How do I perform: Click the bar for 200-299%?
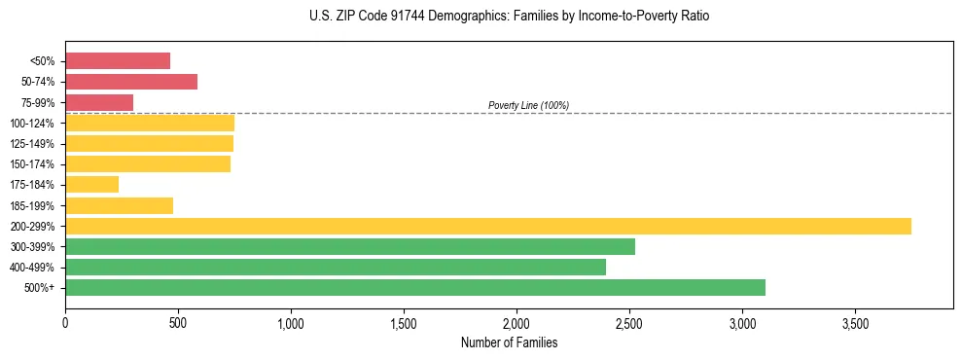488,226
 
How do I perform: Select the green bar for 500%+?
415,287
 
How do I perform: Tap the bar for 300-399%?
350,246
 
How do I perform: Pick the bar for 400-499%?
336,267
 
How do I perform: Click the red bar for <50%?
118,60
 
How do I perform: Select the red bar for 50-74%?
131,81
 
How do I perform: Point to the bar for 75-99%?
99,102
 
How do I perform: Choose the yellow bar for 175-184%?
92,184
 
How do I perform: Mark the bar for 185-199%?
120,205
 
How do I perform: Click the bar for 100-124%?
150,123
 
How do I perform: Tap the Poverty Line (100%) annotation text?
528,105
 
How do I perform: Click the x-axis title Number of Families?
509,342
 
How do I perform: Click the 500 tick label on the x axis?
178,322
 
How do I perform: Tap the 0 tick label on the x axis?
65,322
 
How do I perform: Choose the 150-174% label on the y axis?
32,164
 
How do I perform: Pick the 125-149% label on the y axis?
32,144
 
